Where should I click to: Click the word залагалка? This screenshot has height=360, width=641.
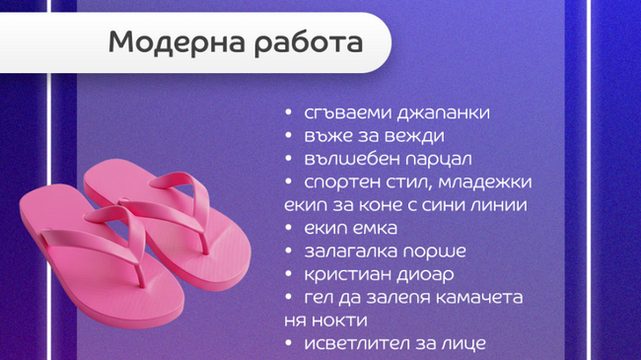pos(353,252)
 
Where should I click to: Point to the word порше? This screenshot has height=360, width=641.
pos(434,252)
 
